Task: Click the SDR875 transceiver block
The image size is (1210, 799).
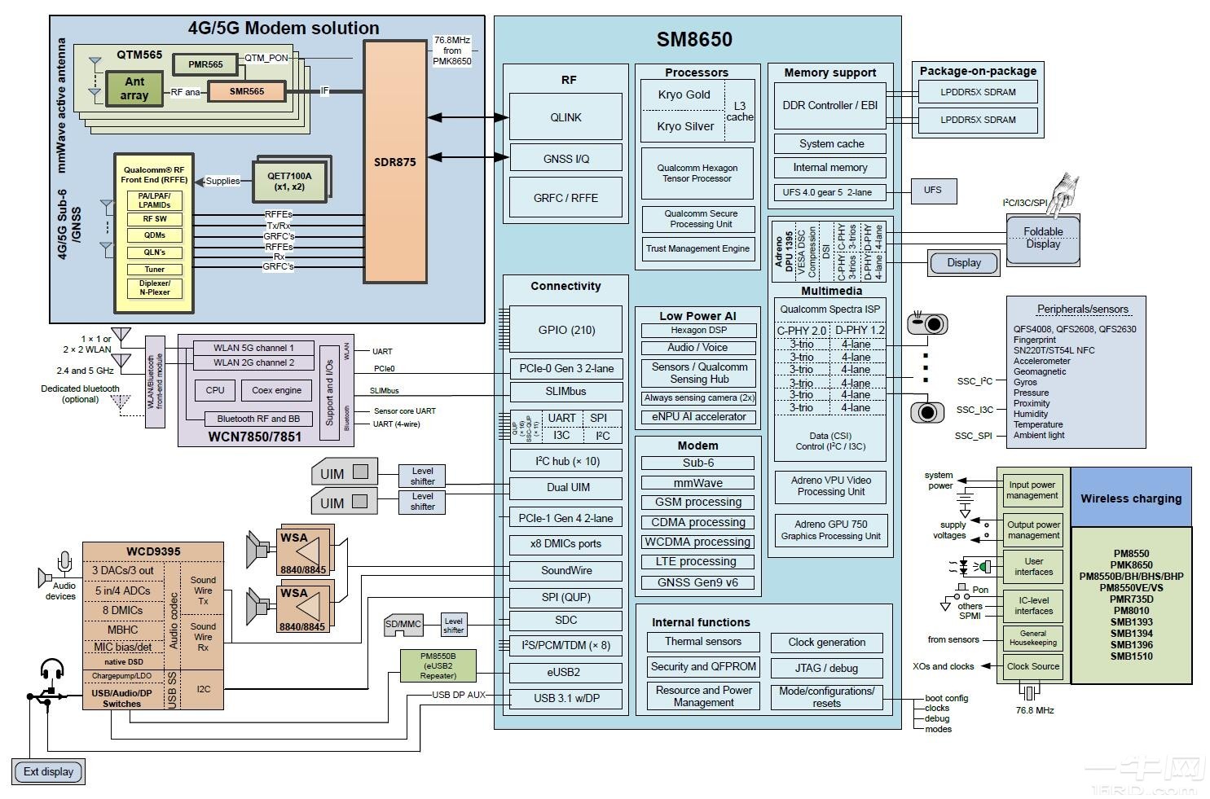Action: [x=395, y=162]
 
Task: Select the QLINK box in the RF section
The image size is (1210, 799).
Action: [x=565, y=117]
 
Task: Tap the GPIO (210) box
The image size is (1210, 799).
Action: [x=565, y=330]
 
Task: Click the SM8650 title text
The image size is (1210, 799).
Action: [x=694, y=39]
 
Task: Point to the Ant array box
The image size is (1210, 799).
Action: [x=134, y=88]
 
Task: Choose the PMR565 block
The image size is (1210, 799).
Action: [x=205, y=64]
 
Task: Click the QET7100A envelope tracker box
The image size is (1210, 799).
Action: [x=289, y=181]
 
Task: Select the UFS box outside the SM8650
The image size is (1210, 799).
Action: [x=932, y=191]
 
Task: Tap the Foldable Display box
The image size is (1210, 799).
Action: [x=1043, y=238]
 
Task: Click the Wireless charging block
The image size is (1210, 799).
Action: [x=1130, y=498]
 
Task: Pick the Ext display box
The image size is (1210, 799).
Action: [x=48, y=771]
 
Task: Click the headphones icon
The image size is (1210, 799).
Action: [x=52, y=670]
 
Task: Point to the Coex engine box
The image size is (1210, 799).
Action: [x=276, y=390]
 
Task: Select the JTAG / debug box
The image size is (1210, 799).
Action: [x=826, y=668]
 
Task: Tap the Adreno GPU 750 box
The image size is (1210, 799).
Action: [x=830, y=530]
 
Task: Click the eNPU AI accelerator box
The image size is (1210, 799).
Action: [x=698, y=417]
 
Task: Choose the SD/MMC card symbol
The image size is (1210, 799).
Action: [x=403, y=625]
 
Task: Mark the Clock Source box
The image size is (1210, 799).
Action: [x=1032, y=666]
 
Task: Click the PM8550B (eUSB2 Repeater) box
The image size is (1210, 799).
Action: [x=438, y=665]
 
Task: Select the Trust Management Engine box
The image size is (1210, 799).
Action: [x=697, y=249]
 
